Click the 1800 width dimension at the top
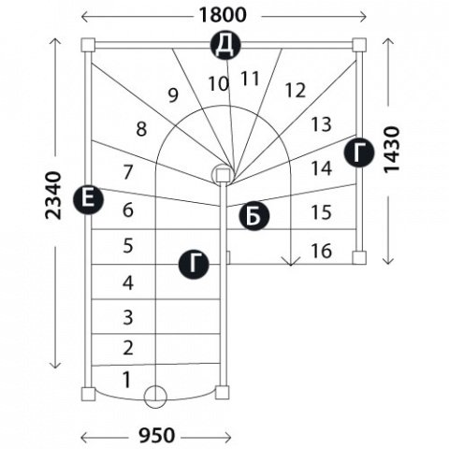[x=223, y=15]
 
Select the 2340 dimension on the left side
[x=53, y=196]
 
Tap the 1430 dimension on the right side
[x=391, y=150]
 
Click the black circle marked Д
[x=225, y=45]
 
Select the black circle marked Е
[x=88, y=199]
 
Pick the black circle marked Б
[x=253, y=216]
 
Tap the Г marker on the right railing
[x=359, y=152]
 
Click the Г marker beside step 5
[x=194, y=265]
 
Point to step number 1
[x=126, y=380]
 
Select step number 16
[x=321, y=251]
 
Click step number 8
[x=141, y=129]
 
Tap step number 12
[x=295, y=90]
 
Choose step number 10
[x=219, y=84]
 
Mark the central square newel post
[x=223, y=175]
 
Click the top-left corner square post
[x=88, y=45]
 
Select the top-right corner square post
[x=359, y=45]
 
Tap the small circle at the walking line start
[x=155, y=397]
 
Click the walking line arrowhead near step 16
[x=291, y=261]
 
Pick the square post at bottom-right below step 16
[x=359, y=258]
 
